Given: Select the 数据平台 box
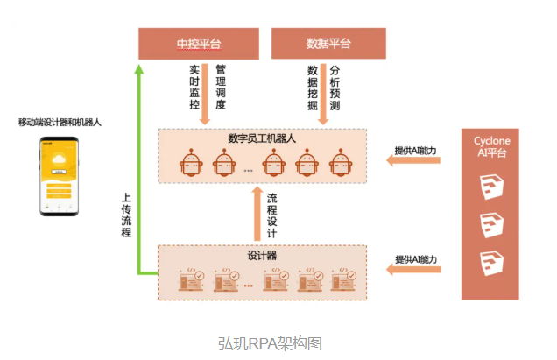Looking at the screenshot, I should [x=328, y=43].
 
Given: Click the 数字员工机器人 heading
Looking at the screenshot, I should [x=262, y=138].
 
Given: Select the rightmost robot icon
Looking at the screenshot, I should [x=340, y=163].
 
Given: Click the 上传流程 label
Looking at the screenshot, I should [x=126, y=215].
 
